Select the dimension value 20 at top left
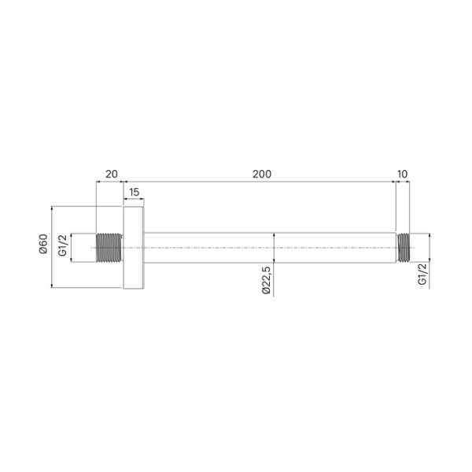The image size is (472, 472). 110,173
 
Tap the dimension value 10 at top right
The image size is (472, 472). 403,173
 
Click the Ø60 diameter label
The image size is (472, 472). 43,247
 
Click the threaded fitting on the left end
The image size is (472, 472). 109,247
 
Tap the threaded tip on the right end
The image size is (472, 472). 404,247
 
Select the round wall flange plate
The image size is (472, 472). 134,247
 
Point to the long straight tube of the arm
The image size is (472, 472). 267,247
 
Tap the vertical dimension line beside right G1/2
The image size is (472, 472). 429,247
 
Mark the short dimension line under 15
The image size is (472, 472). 134,201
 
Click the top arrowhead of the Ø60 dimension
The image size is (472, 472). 51,209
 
